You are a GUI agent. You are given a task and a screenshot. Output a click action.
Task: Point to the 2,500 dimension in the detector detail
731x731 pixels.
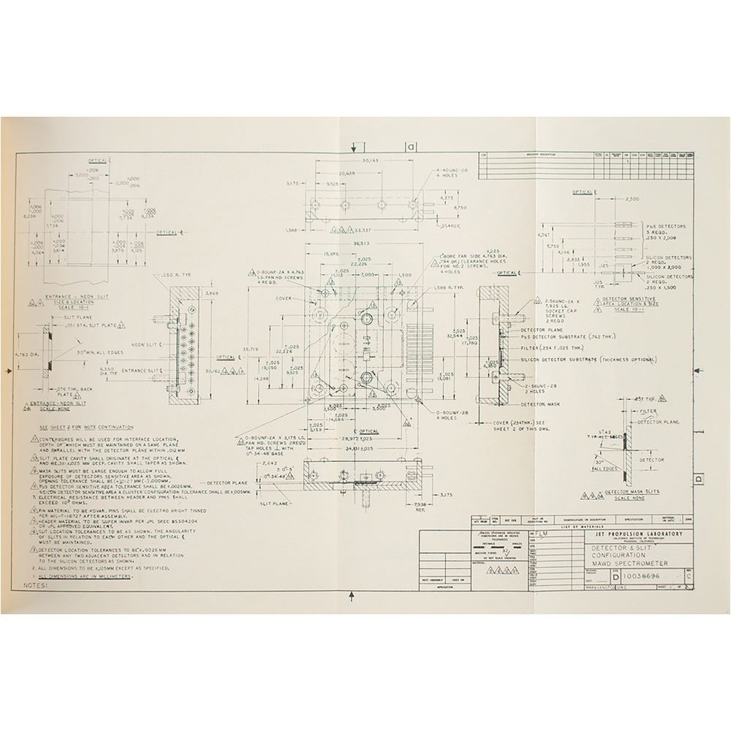pyautogui.click(x=632, y=199)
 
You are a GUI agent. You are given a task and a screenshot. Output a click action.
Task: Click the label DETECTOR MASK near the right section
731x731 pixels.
pyautogui.click(x=541, y=404)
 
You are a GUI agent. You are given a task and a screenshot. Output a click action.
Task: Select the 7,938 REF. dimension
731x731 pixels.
pyautogui.click(x=420, y=506)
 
